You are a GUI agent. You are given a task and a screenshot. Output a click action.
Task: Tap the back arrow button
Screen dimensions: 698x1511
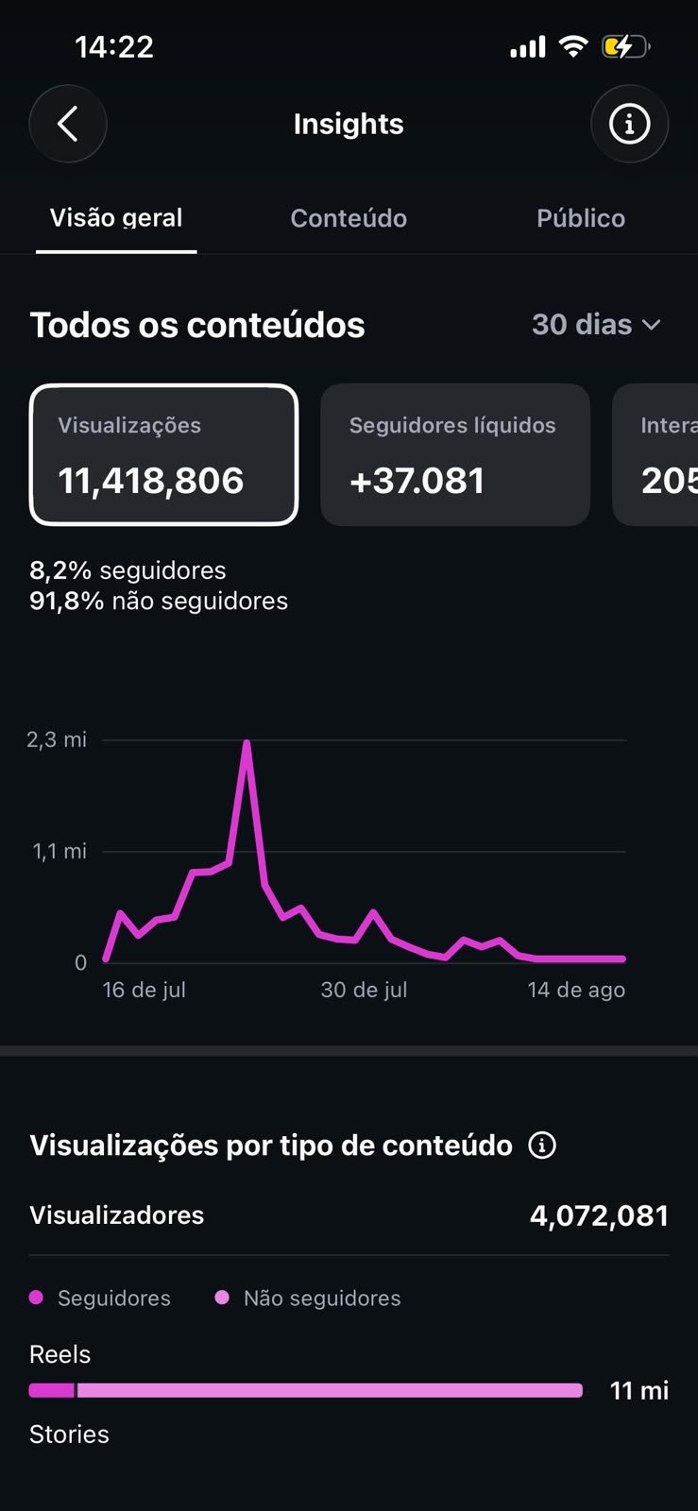click(x=67, y=124)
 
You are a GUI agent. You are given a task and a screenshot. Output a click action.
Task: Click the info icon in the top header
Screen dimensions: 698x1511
click(x=629, y=124)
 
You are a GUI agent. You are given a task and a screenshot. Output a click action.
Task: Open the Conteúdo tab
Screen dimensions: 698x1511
click(x=349, y=218)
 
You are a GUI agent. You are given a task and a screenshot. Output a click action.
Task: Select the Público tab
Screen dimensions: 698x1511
click(x=581, y=218)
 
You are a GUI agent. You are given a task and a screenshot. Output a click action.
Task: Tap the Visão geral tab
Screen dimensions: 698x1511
click(x=116, y=218)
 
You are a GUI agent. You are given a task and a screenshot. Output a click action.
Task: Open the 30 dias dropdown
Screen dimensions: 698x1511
click(x=596, y=325)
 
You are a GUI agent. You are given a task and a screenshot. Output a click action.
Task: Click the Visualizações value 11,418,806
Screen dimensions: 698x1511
click(x=150, y=481)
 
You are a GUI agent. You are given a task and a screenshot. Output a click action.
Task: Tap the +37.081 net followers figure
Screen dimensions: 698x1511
click(x=417, y=481)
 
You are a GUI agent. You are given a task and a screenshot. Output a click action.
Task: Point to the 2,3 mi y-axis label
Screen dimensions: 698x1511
click(x=57, y=739)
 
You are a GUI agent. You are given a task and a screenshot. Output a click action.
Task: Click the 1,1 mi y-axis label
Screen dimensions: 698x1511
click(x=60, y=851)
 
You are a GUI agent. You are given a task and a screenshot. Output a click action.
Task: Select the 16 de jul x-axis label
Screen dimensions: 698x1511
click(x=144, y=990)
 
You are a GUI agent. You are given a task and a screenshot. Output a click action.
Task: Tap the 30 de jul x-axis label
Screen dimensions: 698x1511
click(x=364, y=990)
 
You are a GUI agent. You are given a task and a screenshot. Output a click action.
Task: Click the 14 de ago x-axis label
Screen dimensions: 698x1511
click(x=576, y=990)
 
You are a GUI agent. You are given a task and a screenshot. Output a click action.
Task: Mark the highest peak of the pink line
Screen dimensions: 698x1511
click(x=247, y=742)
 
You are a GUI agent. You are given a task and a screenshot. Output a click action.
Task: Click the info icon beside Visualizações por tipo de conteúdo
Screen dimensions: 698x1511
click(x=542, y=1145)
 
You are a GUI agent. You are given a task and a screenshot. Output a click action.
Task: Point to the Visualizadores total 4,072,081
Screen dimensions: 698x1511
click(x=599, y=1215)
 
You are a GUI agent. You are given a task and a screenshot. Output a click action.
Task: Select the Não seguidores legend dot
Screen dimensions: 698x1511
click(x=222, y=1298)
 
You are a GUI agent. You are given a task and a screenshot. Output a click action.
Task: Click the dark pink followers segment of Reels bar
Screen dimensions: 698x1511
click(x=52, y=1390)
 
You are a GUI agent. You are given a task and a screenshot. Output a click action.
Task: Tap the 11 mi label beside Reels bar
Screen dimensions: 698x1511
click(x=638, y=1390)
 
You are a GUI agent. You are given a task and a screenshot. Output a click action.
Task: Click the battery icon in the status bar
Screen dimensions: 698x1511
click(x=626, y=47)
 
